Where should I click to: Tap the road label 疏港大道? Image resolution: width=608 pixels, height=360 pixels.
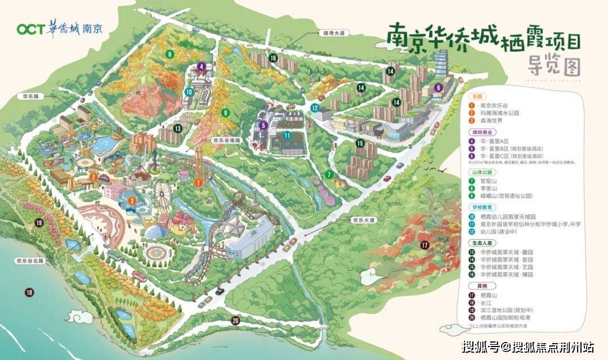[x=330, y=34]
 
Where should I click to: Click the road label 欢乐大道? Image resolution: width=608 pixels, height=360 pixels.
[x=362, y=220]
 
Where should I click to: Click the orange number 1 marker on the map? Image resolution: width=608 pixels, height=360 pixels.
[x=198, y=182]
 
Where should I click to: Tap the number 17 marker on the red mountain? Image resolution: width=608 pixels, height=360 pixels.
[x=423, y=245]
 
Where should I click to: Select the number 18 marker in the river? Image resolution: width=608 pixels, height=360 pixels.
[x=29, y=291]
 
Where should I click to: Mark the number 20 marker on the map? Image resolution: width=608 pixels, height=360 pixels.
[x=235, y=321]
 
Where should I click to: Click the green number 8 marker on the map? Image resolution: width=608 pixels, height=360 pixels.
[x=169, y=54]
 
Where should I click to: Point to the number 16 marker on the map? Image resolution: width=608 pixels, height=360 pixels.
[x=273, y=58]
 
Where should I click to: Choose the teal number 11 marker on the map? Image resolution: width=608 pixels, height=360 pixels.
[x=287, y=135]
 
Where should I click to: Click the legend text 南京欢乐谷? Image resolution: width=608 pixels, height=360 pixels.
[x=495, y=105]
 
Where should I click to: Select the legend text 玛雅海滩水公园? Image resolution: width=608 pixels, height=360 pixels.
[x=500, y=112]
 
